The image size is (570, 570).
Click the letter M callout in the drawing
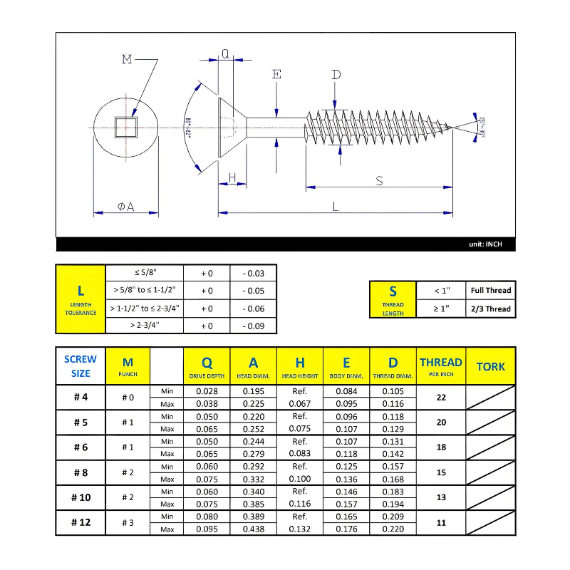[127, 59]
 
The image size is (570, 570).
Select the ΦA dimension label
[125, 207]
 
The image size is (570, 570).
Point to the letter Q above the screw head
[225, 54]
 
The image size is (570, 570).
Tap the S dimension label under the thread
[379, 181]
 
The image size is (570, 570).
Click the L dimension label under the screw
[336, 206]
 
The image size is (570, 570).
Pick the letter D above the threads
[336, 75]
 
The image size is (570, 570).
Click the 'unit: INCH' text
[485, 244]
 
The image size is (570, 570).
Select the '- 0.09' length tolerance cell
[253, 326]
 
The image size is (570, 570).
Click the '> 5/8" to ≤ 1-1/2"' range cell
[145, 291]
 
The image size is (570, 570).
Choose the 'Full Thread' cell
[491, 291]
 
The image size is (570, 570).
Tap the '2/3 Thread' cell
[491, 309]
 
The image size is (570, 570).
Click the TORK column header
[490, 366]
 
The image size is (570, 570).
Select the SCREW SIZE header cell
[81, 366]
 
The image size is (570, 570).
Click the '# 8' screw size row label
[81, 472]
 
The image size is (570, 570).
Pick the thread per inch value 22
[441, 398]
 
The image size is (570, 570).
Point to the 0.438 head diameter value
[253, 529]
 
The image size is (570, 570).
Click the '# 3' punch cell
[128, 522]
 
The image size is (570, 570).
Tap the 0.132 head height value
[299, 529]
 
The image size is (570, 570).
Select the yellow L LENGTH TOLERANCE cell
[81, 299]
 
